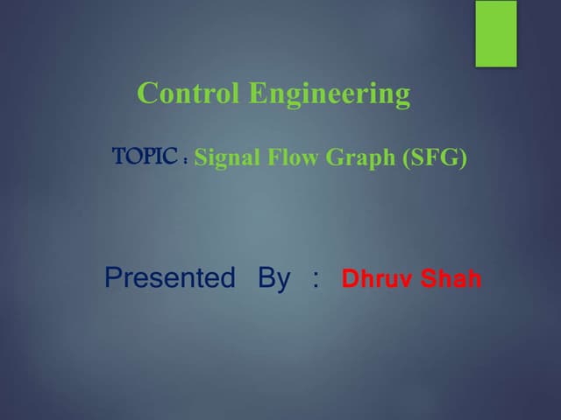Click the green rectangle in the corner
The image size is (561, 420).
click(496, 33)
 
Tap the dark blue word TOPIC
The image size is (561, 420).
click(146, 157)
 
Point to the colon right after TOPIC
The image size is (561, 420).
click(187, 161)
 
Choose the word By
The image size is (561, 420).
click(273, 279)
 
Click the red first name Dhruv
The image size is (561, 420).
click(376, 280)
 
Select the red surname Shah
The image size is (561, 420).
click(451, 280)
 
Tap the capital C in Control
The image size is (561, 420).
click(147, 93)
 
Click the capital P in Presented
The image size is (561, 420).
click(112, 278)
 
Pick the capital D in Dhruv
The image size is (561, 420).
click(349, 280)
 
